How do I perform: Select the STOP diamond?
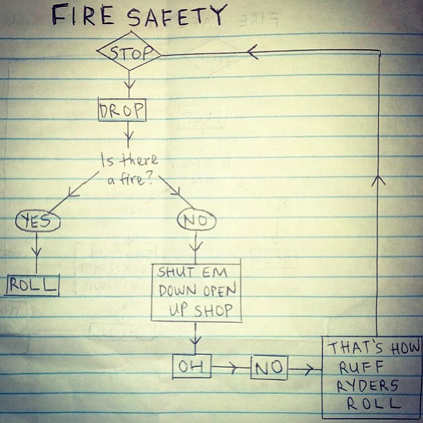[x=129, y=53]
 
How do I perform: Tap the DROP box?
[x=122, y=110]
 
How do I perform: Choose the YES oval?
[x=38, y=221]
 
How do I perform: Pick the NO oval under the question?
[x=197, y=221]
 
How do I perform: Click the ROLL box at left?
[x=32, y=283]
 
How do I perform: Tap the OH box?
[x=191, y=367]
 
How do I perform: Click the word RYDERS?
[x=368, y=385]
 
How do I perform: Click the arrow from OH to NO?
[x=231, y=368]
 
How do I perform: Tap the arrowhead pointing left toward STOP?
[x=252, y=52]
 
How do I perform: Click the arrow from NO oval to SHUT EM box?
[x=197, y=246]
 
